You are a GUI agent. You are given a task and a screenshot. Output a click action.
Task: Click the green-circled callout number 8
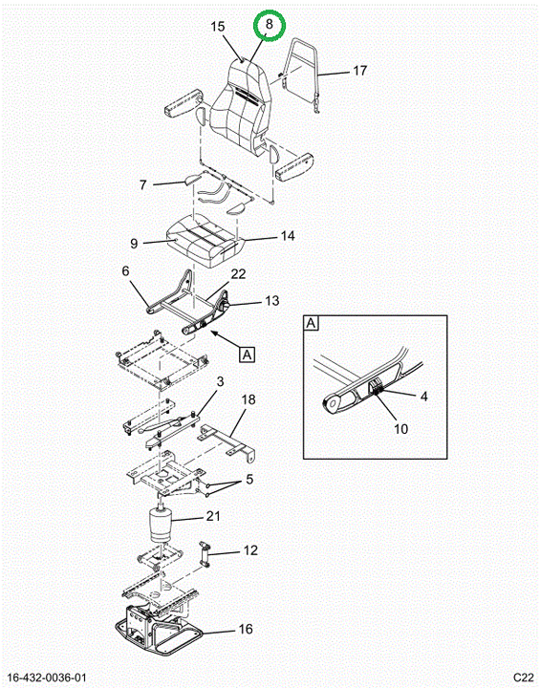[x=270, y=24]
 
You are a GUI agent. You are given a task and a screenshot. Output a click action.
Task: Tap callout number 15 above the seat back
[x=217, y=27]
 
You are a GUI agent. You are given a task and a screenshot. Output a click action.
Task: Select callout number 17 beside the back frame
[x=359, y=70]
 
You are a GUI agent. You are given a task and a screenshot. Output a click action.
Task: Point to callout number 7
[x=142, y=184]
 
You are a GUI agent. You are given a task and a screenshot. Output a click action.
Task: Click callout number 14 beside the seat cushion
[x=288, y=236]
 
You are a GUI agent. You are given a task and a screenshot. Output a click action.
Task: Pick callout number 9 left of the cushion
[x=134, y=243]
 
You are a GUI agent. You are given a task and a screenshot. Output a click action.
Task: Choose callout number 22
[x=238, y=274]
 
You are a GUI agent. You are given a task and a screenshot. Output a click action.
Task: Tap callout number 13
[x=272, y=301]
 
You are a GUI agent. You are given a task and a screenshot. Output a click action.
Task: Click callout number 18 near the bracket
[x=248, y=399]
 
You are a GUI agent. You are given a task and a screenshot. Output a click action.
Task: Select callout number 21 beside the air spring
[x=213, y=516]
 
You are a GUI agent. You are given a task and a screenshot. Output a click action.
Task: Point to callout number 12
[x=250, y=550]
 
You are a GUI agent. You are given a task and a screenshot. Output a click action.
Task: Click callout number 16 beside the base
[x=246, y=629]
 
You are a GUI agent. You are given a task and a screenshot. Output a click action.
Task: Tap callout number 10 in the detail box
[x=400, y=429]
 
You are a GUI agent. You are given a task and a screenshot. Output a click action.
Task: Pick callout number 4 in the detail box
[x=423, y=397]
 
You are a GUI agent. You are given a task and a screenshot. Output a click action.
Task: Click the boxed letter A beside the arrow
[x=248, y=355]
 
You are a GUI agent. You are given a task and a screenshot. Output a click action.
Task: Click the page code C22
[x=523, y=677]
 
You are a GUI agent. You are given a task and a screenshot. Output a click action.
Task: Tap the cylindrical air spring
[x=162, y=526]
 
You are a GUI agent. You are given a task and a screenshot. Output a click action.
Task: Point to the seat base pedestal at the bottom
[x=159, y=632]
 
